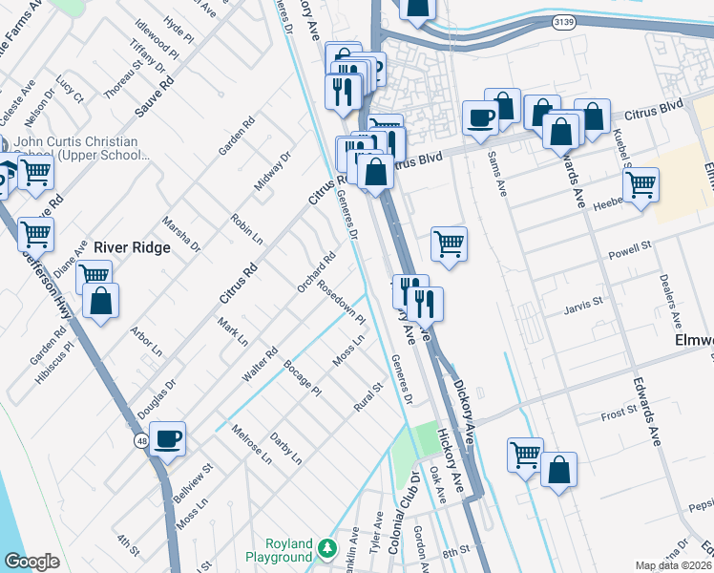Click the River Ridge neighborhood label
point(131,247)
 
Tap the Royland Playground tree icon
point(327,548)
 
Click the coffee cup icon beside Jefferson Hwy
point(168,438)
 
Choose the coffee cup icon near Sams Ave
point(480,117)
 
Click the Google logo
point(32,562)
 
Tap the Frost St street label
point(619,412)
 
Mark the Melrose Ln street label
point(251,444)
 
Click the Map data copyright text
point(674,565)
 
